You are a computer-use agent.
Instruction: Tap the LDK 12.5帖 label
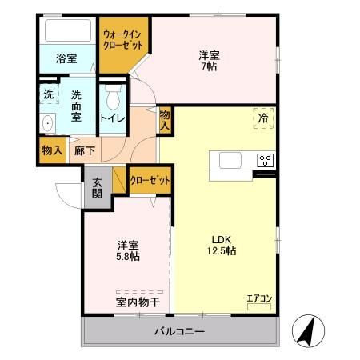click(x=223, y=245)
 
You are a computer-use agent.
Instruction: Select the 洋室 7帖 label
click(x=210, y=62)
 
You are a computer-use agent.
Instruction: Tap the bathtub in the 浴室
click(x=69, y=32)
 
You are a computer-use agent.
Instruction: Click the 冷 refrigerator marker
click(x=263, y=117)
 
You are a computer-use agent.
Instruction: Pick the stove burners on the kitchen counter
click(x=265, y=160)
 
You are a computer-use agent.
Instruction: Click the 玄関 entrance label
click(x=97, y=188)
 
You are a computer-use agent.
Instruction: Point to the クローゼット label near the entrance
click(x=151, y=181)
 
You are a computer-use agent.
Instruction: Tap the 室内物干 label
click(x=138, y=302)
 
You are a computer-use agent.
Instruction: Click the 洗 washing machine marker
click(x=47, y=94)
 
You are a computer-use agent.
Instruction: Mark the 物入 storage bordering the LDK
click(x=164, y=122)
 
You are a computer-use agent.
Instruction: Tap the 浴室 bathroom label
click(x=66, y=58)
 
